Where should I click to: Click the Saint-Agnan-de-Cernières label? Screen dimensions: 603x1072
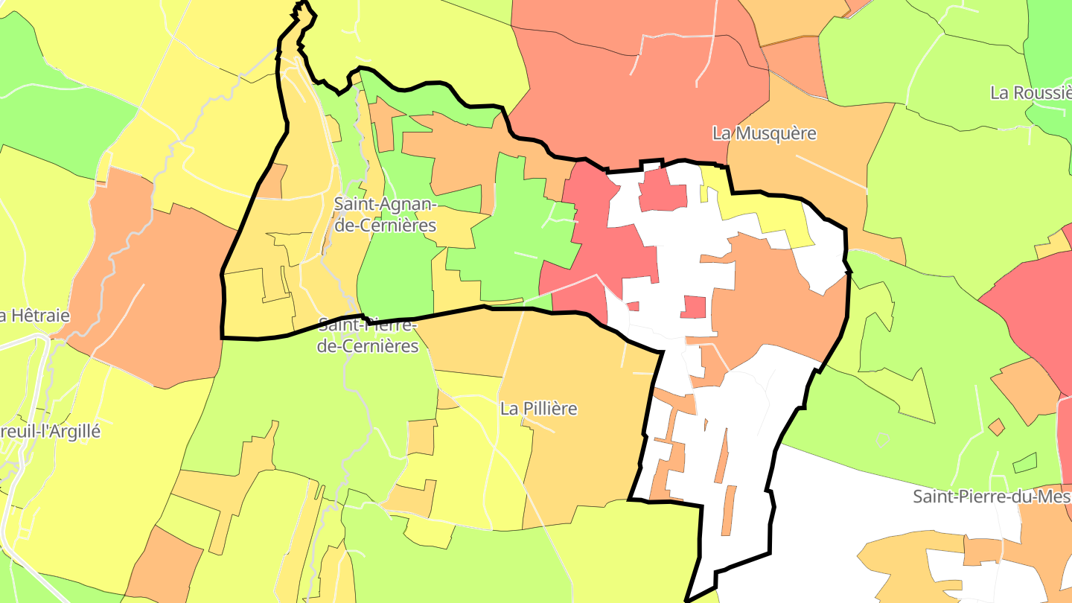[x=384, y=214]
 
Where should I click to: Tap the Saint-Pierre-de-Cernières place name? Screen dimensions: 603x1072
[x=368, y=335]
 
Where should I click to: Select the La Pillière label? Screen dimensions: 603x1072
[x=538, y=409]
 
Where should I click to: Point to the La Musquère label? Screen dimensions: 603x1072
[x=764, y=134]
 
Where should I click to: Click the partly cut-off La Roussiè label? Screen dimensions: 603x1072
[x=1030, y=93]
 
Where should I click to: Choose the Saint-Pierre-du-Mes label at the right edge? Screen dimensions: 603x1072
[x=992, y=497]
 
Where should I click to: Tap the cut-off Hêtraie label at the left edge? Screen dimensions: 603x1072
[x=34, y=316]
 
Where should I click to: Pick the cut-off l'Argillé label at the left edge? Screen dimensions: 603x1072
[x=49, y=432]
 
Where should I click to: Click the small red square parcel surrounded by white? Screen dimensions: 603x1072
[x=693, y=307]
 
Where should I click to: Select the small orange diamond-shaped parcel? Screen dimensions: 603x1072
[x=996, y=427]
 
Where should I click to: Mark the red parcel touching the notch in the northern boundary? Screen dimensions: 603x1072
[x=663, y=190]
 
